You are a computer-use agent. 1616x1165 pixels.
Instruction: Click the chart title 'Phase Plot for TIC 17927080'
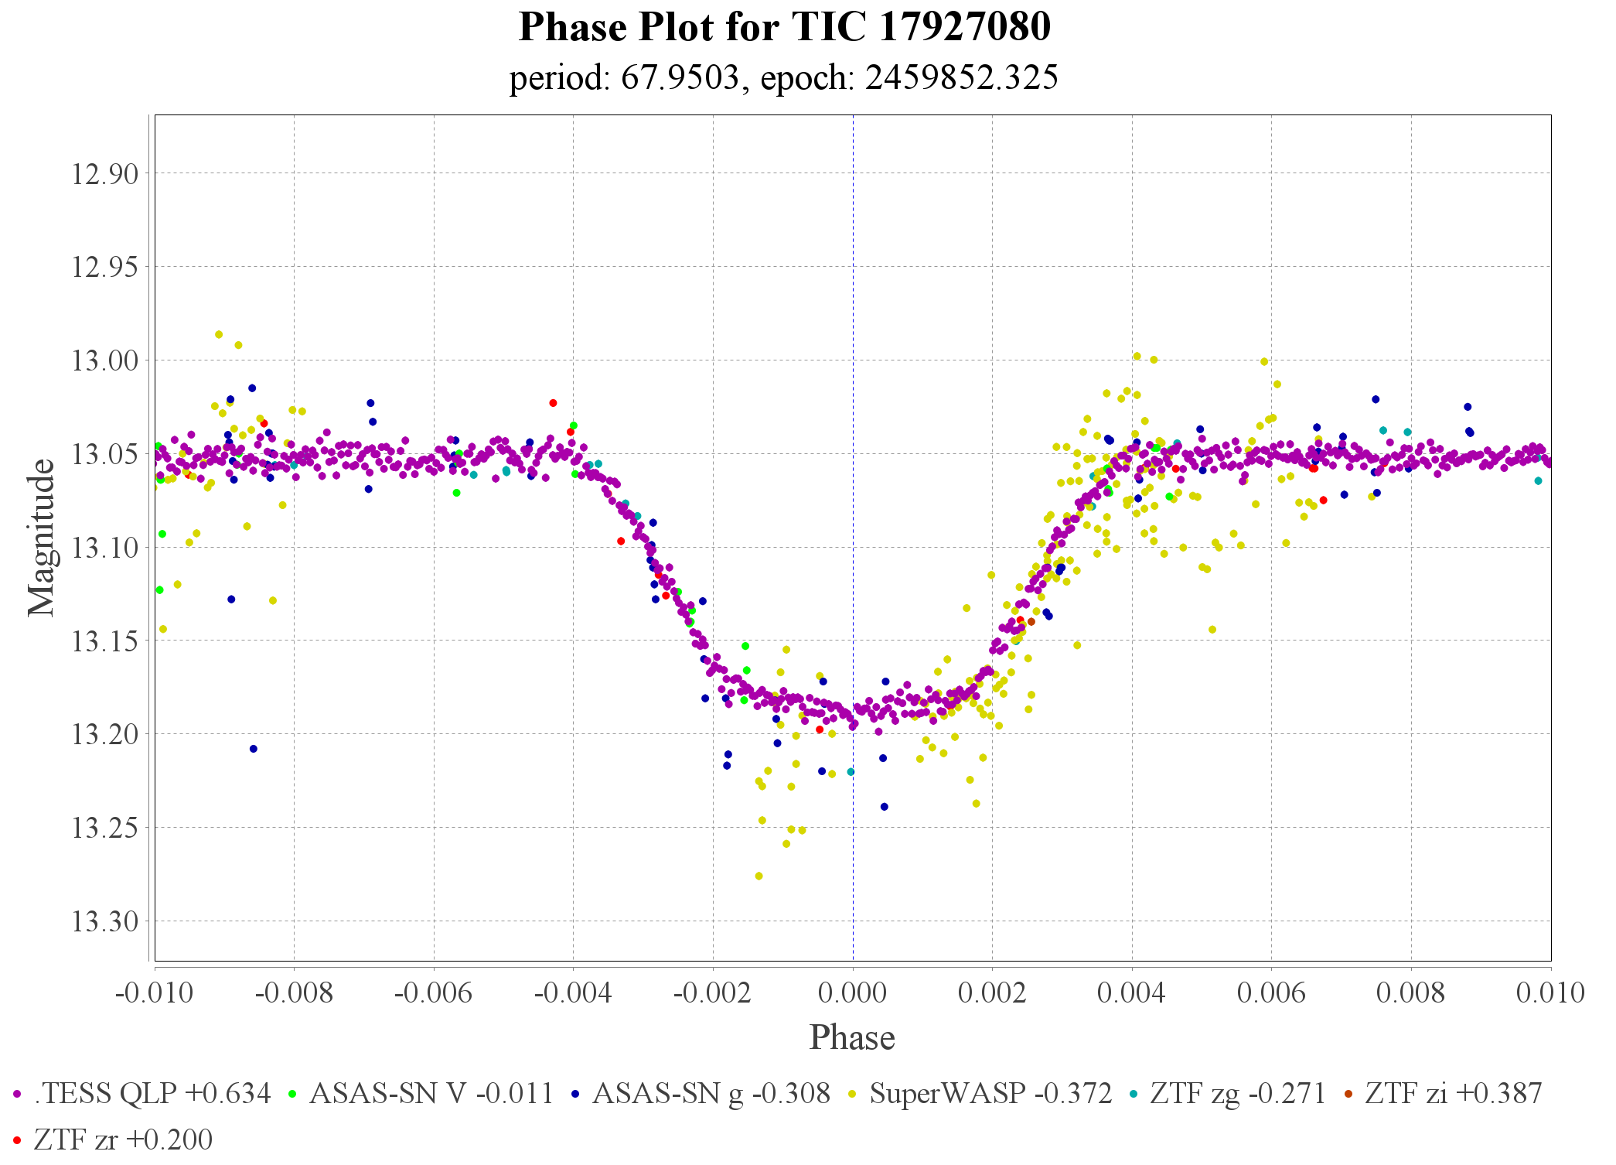coord(784,28)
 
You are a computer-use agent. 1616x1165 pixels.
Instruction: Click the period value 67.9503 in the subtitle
coord(680,78)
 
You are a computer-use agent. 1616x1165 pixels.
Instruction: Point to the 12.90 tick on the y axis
coord(105,174)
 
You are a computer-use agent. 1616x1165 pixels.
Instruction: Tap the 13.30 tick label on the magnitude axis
coord(105,921)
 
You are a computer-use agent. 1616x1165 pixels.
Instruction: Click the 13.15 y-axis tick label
coord(105,641)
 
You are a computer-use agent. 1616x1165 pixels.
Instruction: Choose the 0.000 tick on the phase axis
coord(852,992)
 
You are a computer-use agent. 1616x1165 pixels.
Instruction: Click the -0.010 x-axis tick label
coord(154,992)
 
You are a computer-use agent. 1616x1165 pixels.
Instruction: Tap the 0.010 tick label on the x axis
coord(1550,992)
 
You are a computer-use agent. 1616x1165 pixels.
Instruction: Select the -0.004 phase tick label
coord(572,992)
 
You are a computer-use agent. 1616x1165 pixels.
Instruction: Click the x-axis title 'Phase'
coord(852,1037)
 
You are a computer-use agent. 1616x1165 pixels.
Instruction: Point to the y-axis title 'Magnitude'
coord(42,538)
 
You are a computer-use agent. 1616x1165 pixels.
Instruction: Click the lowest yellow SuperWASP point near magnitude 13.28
coord(759,876)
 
